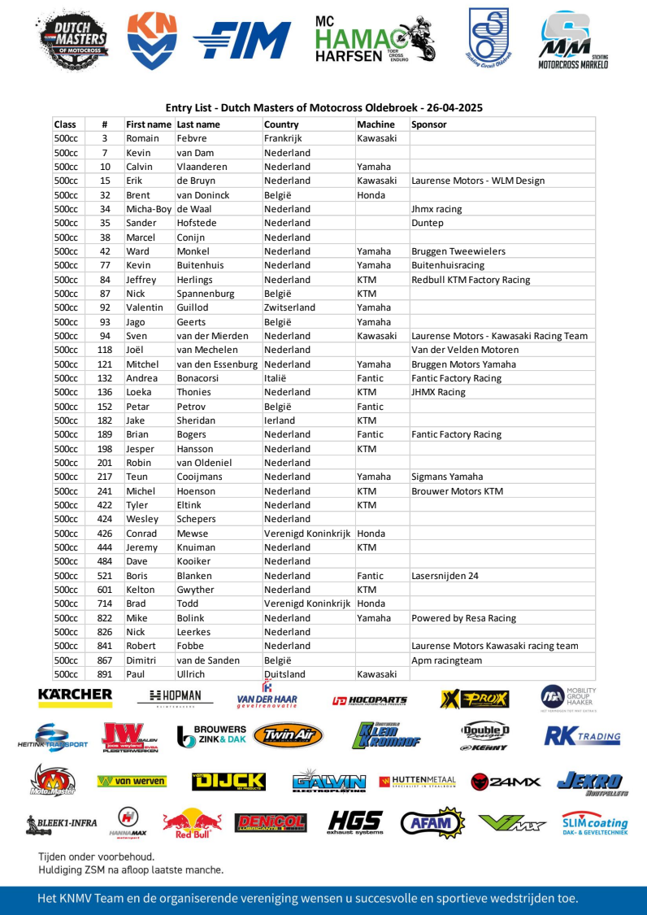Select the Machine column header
coord(376,124)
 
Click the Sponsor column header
coord(429,124)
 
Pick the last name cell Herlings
coord(196,280)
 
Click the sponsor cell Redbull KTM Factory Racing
coord(471,280)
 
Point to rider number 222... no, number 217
coord(105,477)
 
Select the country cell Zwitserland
coord(289,307)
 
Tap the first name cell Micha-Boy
coord(150,209)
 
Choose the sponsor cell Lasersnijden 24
coord(445,576)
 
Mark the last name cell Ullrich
coord(191,674)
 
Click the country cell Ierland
coord(280,420)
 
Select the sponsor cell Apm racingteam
coord(447,660)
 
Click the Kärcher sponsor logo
coord(75,695)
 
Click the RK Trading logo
coord(582,737)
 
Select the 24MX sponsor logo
coord(506,782)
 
